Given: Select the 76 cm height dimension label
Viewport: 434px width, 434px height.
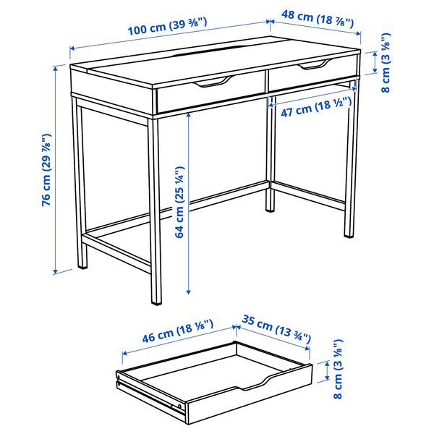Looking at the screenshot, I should tap(47, 170).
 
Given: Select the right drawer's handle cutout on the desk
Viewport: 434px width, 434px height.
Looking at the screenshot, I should tap(312, 67).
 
